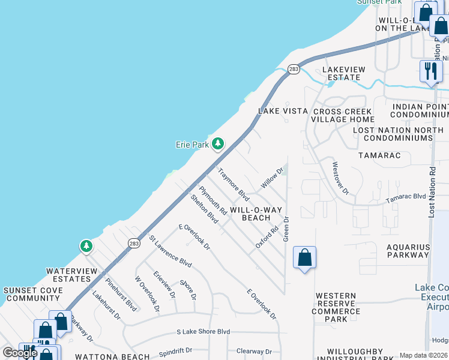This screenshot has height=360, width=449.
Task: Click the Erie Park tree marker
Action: (x=217, y=144)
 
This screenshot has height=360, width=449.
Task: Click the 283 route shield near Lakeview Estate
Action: (x=294, y=70)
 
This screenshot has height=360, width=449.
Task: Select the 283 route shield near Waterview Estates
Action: (x=133, y=243)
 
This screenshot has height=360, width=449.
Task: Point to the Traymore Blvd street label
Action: (x=234, y=184)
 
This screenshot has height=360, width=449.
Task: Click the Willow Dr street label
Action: (x=271, y=178)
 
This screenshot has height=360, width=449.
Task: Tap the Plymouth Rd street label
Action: (x=213, y=201)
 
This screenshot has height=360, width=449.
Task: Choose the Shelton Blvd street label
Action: (x=204, y=209)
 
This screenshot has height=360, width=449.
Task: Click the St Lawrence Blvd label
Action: (x=170, y=251)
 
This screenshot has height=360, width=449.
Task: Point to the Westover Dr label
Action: (x=340, y=178)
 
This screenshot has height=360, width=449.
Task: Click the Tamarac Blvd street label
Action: (x=405, y=197)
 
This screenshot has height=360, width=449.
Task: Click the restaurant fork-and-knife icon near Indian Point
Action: (x=430, y=71)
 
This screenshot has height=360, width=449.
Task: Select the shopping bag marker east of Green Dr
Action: (x=304, y=257)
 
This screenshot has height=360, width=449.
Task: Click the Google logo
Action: (x=20, y=353)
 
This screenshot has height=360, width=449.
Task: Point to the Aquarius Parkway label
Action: (x=408, y=251)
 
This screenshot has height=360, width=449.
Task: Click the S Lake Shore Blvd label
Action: (x=203, y=331)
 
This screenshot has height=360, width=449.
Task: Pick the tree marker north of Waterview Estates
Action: (x=86, y=246)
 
